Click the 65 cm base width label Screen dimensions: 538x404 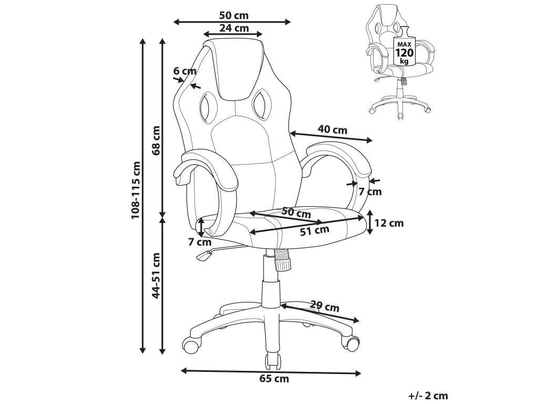pyautogui.click(x=274, y=379)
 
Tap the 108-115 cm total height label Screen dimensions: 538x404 pyautogui.click(x=136, y=189)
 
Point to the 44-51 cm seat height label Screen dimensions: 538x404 pyautogui.click(x=156, y=275)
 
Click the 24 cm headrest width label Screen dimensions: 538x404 pyautogui.click(x=234, y=28)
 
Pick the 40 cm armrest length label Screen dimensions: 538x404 pyautogui.click(x=332, y=130)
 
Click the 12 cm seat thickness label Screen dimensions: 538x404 pyautogui.click(x=389, y=223)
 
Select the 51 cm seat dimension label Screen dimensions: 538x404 pyautogui.click(x=314, y=230)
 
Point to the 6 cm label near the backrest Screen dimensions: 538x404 pyautogui.click(x=184, y=71)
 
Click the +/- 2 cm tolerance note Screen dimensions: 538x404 pyautogui.click(x=428, y=396)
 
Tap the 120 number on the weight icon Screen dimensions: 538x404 pyautogui.click(x=405, y=53)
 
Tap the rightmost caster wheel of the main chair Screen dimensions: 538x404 pyautogui.click(x=350, y=341)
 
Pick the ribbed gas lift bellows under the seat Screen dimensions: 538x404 pyautogui.click(x=282, y=260)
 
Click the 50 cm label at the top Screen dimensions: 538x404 pyautogui.click(x=234, y=15)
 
